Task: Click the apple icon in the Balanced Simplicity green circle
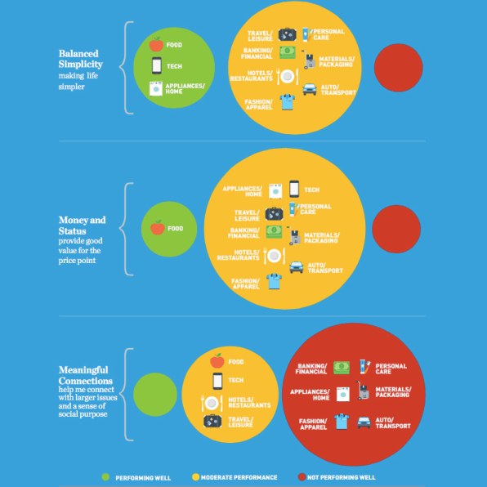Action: tap(156, 44)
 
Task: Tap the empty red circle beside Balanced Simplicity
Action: tap(398, 68)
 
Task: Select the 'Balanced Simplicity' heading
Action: tap(80, 59)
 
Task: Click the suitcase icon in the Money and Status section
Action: tap(274, 214)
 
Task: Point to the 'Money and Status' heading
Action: tap(82, 226)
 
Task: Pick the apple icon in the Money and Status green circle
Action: tap(158, 227)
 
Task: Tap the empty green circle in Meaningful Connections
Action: tap(155, 395)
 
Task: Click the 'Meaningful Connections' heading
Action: tap(86, 375)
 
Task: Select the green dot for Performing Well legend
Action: tap(105, 477)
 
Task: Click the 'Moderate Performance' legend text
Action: tap(239, 477)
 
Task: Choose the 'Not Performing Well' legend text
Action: tap(341, 477)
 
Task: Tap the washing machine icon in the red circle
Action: tap(343, 394)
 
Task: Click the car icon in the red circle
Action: tap(364, 422)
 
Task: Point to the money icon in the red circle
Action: tap(342, 368)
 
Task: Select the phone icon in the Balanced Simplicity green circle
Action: tap(157, 65)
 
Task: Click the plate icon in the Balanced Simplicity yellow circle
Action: tap(288, 76)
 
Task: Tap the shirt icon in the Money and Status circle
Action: tap(275, 281)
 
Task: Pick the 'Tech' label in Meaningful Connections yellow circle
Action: tap(235, 380)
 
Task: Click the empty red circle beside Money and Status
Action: tap(396, 230)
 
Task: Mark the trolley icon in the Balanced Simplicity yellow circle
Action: tap(308, 60)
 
